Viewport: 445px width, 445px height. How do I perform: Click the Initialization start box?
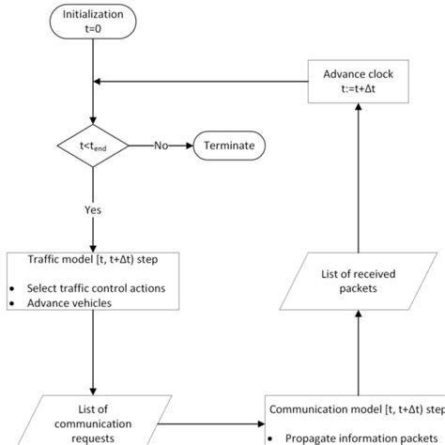tap(91, 22)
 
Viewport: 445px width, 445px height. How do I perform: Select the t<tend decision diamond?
tap(91, 146)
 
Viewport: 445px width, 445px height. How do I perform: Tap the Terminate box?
tap(229, 146)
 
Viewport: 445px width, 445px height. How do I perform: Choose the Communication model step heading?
tap(357, 409)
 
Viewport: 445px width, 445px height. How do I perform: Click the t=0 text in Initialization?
tap(91, 29)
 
